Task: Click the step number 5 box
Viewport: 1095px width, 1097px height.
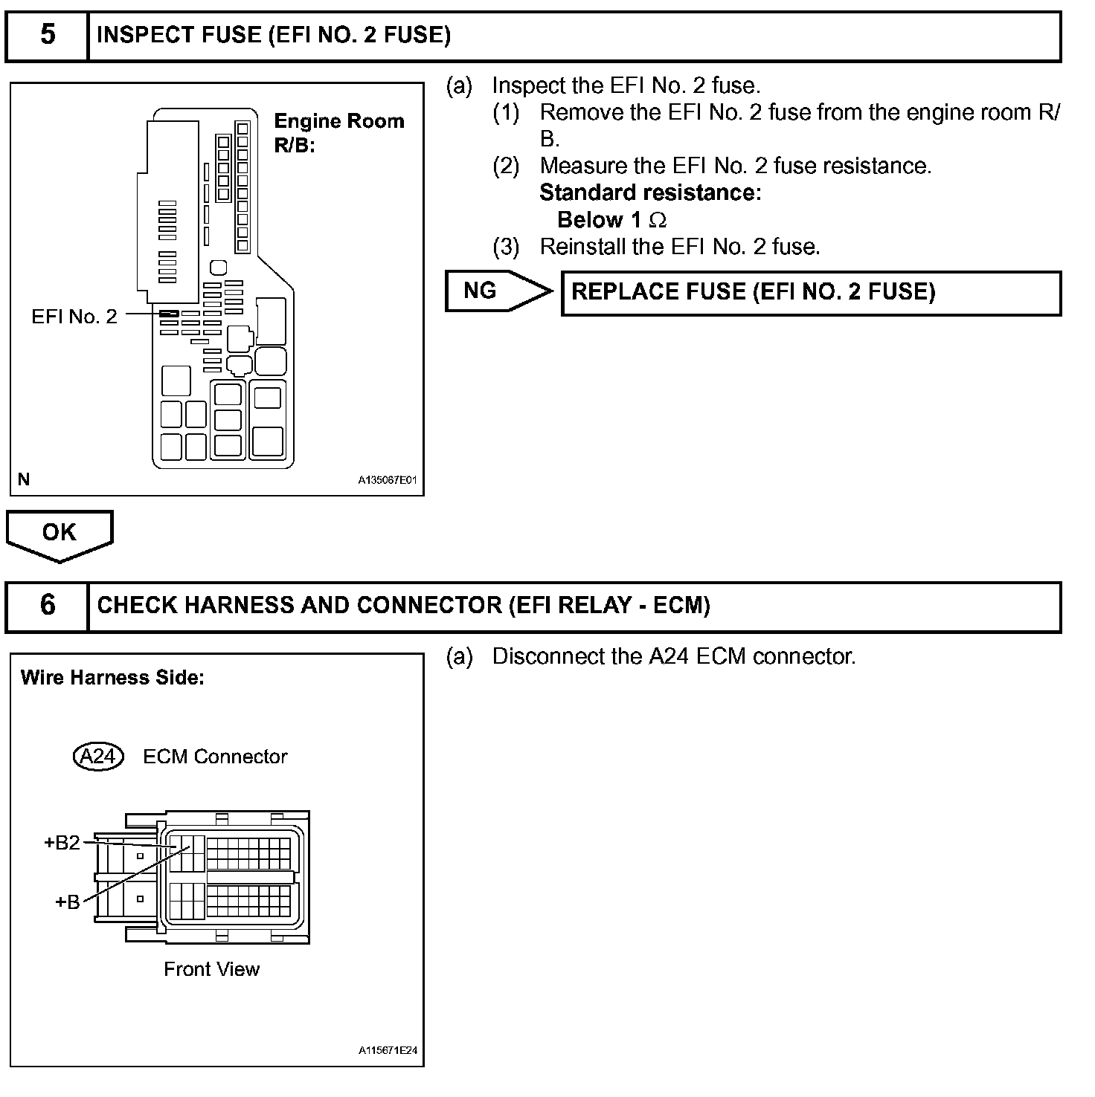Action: (x=47, y=36)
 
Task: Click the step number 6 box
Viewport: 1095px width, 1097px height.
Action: (x=47, y=606)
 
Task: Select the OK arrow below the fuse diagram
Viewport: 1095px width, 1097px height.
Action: (x=59, y=533)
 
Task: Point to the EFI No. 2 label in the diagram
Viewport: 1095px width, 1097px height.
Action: (x=74, y=317)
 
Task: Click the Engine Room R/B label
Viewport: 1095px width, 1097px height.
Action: (x=338, y=132)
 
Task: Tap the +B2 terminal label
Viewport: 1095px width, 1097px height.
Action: (x=62, y=843)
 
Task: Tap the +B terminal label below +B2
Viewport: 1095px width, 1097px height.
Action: (x=68, y=902)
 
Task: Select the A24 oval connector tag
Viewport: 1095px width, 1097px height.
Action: (x=97, y=757)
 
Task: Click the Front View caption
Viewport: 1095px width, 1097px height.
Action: (x=211, y=969)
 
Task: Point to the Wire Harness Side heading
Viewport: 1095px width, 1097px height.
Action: (x=112, y=678)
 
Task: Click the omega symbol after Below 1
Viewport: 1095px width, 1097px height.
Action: (x=657, y=221)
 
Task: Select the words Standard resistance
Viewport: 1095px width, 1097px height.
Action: (x=649, y=193)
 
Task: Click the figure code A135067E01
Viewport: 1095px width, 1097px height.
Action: (x=387, y=480)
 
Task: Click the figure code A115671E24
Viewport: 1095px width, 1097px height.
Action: (x=387, y=1050)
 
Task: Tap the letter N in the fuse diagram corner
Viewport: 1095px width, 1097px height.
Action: (x=24, y=479)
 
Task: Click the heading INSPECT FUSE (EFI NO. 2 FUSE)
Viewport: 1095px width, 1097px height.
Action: (x=274, y=36)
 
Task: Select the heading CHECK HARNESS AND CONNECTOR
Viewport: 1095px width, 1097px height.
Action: (x=403, y=606)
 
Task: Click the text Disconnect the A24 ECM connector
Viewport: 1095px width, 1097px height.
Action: (x=673, y=657)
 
